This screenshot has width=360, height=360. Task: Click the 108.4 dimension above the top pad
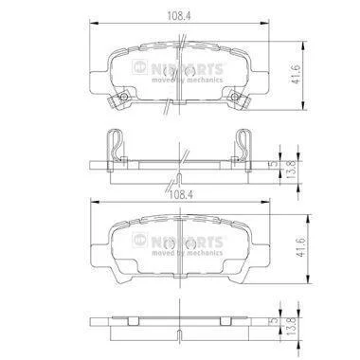(179, 16)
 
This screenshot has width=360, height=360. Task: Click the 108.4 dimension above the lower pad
(181, 195)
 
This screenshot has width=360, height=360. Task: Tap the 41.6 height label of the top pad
(295, 75)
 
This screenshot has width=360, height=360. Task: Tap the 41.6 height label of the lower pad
(300, 247)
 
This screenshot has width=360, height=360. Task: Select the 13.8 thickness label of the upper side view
(291, 170)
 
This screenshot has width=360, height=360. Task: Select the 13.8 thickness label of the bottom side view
(291, 326)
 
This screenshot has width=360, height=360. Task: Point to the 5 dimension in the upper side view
(275, 164)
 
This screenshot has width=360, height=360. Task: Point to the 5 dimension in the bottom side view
(275, 321)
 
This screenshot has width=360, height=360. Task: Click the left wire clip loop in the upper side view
(115, 145)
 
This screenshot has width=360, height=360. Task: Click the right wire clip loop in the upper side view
(243, 145)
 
